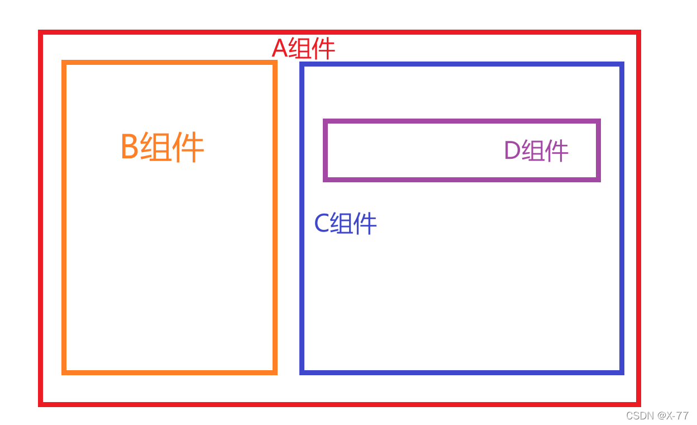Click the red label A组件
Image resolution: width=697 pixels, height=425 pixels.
(303, 49)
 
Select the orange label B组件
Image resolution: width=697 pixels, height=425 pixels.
(162, 148)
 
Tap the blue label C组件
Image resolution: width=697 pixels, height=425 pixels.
(345, 224)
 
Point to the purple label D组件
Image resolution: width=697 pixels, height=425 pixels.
(536, 150)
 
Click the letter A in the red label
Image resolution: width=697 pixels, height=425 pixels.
(279, 49)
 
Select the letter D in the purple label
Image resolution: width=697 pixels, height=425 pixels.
(512, 151)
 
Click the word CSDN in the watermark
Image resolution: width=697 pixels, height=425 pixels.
(640, 415)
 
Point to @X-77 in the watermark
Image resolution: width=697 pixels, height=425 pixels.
(673, 415)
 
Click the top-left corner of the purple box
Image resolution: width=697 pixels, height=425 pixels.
(326, 121)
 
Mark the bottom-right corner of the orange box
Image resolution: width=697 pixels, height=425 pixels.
(275, 372)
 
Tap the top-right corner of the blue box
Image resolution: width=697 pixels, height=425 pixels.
(622, 64)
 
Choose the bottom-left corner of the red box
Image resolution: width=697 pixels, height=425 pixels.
(41, 404)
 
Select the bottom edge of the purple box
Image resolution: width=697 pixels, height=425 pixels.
(461, 179)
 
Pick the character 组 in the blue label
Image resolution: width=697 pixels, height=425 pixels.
(342, 224)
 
